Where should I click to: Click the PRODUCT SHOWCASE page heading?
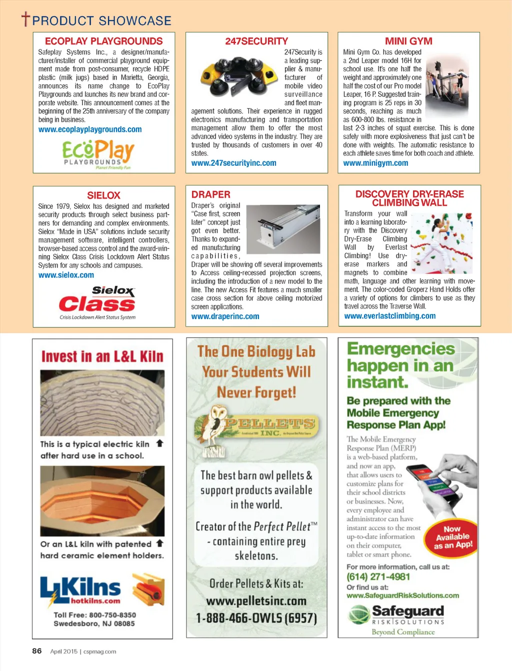coord(101,21)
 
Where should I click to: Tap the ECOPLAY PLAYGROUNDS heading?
coord(103,41)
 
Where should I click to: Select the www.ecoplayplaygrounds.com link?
coord(90,130)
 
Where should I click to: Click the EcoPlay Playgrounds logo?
coord(98,154)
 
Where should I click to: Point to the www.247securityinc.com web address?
coord(233,163)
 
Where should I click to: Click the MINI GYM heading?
coord(408,41)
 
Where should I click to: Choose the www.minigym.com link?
coord(375,163)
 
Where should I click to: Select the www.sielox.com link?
coord(66,275)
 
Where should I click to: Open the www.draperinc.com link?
coord(225,317)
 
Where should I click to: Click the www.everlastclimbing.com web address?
coord(389,316)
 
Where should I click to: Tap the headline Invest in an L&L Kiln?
coord(102,356)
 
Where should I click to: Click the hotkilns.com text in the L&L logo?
coord(95,601)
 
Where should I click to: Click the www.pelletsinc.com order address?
coord(256,601)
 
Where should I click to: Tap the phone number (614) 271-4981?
coord(378,577)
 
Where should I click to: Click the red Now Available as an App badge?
coord(452,537)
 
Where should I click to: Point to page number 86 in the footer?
coord(37,651)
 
